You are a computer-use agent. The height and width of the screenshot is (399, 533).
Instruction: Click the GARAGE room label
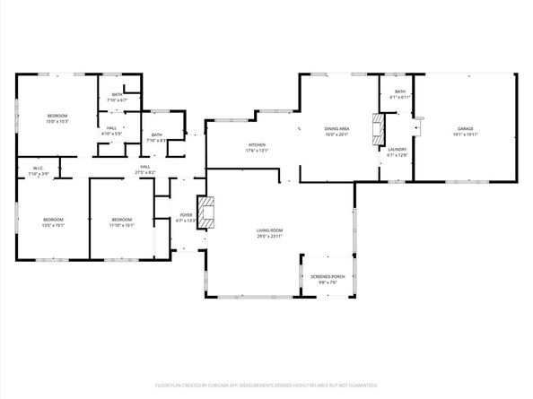pyautogui.click(x=466, y=128)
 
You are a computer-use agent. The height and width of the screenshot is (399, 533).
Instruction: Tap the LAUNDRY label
pyautogui.click(x=397, y=150)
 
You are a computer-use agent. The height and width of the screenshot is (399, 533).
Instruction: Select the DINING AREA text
pyautogui.click(x=337, y=128)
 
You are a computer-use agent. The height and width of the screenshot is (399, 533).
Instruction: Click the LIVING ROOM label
pyautogui.click(x=270, y=230)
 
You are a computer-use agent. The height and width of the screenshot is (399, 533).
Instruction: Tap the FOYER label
pyautogui.click(x=186, y=215)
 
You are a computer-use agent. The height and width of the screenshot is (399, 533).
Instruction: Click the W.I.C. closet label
pyautogui.click(x=39, y=168)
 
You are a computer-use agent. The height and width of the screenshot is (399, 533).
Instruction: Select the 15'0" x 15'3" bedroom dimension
pyautogui.click(x=57, y=122)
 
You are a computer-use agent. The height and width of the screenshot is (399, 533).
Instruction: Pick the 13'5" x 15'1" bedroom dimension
pyautogui.click(x=53, y=226)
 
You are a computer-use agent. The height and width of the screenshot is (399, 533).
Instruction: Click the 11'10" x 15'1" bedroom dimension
pyautogui.click(x=121, y=226)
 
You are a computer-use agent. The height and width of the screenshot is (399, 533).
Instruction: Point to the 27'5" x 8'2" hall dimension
pyautogui.click(x=144, y=172)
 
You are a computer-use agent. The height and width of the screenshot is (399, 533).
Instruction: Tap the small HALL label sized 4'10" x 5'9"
pyautogui.click(x=112, y=128)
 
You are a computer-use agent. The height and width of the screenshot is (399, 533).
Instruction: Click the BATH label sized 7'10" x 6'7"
pyautogui.click(x=118, y=94)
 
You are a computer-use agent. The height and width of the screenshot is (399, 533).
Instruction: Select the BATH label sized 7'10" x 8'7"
pyautogui.click(x=156, y=134)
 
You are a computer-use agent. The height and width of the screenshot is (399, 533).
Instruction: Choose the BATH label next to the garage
pyautogui.click(x=399, y=91)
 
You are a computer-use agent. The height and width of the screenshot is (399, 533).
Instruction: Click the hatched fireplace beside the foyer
pyautogui.click(x=207, y=213)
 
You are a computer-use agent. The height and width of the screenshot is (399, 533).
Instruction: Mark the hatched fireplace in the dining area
pyautogui.click(x=378, y=123)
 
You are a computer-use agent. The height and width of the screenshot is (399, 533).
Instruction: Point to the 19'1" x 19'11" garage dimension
pyautogui.click(x=466, y=134)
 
